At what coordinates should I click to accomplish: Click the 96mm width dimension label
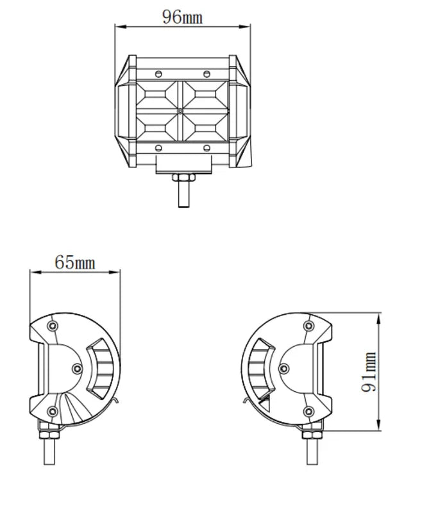click(x=182, y=17)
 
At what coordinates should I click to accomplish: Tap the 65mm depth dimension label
click(x=74, y=262)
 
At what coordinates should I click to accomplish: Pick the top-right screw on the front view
click(x=207, y=74)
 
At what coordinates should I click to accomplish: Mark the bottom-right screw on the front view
click(x=207, y=148)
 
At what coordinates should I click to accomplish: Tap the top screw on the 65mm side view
click(x=53, y=326)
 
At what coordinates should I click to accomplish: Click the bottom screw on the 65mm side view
click(x=53, y=411)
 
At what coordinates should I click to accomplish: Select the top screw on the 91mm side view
click(x=309, y=326)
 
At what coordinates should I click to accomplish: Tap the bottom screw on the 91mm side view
click(x=309, y=411)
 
